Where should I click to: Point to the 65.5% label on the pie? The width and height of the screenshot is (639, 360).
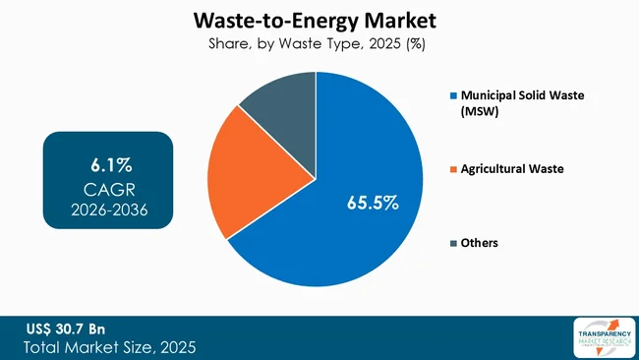[373, 204]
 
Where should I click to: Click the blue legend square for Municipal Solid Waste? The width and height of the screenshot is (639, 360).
[453, 95]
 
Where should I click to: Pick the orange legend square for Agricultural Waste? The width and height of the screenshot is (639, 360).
[453, 169]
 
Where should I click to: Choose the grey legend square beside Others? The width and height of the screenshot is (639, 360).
[453, 243]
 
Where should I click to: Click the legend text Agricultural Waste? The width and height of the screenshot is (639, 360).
[511, 169]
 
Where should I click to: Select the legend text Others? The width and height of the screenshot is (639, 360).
[480, 243]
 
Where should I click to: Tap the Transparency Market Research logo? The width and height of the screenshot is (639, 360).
[602, 337]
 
